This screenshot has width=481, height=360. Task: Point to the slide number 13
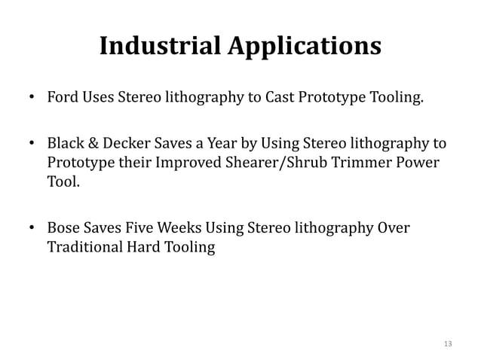click(x=449, y=344)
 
